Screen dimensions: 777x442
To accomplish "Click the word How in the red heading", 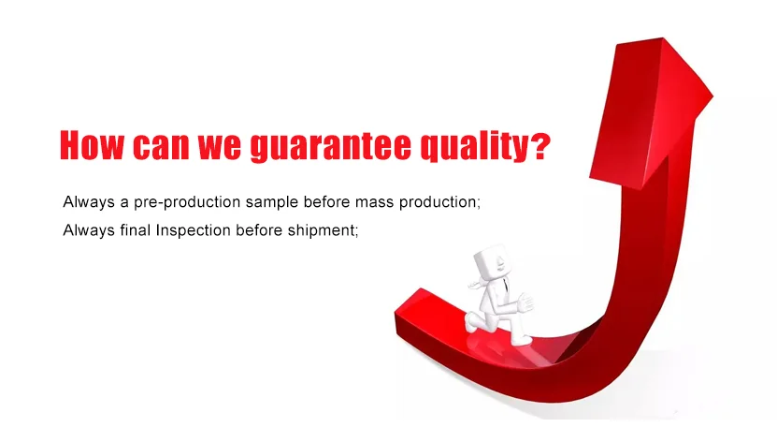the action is point(92,145).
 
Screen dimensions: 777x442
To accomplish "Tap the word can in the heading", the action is point(161,148).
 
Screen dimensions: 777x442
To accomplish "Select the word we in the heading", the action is point(220,148).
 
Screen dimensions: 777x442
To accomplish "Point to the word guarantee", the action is point(331,147).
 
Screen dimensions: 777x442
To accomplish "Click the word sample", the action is point(272,202).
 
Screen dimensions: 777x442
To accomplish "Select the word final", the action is point(136,230).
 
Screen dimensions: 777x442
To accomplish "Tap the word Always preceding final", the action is point(89,230).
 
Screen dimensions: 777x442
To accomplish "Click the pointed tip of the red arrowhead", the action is point(663,38).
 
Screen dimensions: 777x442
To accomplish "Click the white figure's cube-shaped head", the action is point(491,261).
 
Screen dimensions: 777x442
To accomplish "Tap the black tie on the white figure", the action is point(505,286).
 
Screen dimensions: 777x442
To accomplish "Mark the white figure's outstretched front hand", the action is point(525,302).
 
